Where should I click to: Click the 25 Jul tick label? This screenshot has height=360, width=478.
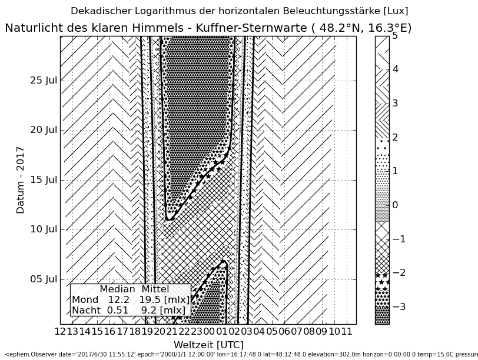[x=44, y=81]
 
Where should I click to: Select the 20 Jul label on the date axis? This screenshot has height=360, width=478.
[x=44, y=130]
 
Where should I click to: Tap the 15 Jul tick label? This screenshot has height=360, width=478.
[x=44, y=180]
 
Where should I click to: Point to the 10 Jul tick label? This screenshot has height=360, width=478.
[x=44, y=229]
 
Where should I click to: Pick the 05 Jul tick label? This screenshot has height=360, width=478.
[x=44, y=279]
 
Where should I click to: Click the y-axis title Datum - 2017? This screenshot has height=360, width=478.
[x=21, y=179]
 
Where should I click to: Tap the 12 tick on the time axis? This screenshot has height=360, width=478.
[x=60, y=332]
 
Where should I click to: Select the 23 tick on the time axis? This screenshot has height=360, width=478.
[x=197, y=332]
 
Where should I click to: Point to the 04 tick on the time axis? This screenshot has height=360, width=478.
[x=258, y=332]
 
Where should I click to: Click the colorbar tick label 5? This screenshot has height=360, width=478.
[x=396, y=36]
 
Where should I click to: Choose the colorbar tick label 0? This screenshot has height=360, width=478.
[x=396, y=205]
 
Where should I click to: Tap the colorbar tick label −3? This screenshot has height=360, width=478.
[x=399, y=307]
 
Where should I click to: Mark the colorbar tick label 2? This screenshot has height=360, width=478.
[x=396, y=138]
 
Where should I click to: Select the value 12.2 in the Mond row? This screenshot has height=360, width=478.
[x=118, y=300]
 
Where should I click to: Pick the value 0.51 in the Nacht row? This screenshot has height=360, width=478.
[x=117, y=310]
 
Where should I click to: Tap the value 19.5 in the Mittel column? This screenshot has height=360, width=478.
[x=151, y=300]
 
